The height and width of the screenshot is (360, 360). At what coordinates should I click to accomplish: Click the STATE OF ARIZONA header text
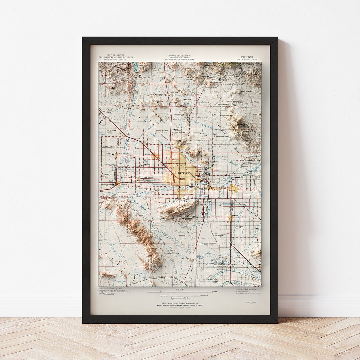180,55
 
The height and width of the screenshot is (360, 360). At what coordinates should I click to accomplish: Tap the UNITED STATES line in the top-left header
116,55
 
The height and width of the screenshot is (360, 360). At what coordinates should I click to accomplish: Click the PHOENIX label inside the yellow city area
183,174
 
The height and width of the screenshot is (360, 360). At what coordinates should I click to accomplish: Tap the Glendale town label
149,155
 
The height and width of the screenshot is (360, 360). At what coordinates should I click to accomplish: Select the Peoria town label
147,143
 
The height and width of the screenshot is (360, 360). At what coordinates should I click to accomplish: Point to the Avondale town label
124,184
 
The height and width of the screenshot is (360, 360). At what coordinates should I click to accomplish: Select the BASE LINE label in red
155,197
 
